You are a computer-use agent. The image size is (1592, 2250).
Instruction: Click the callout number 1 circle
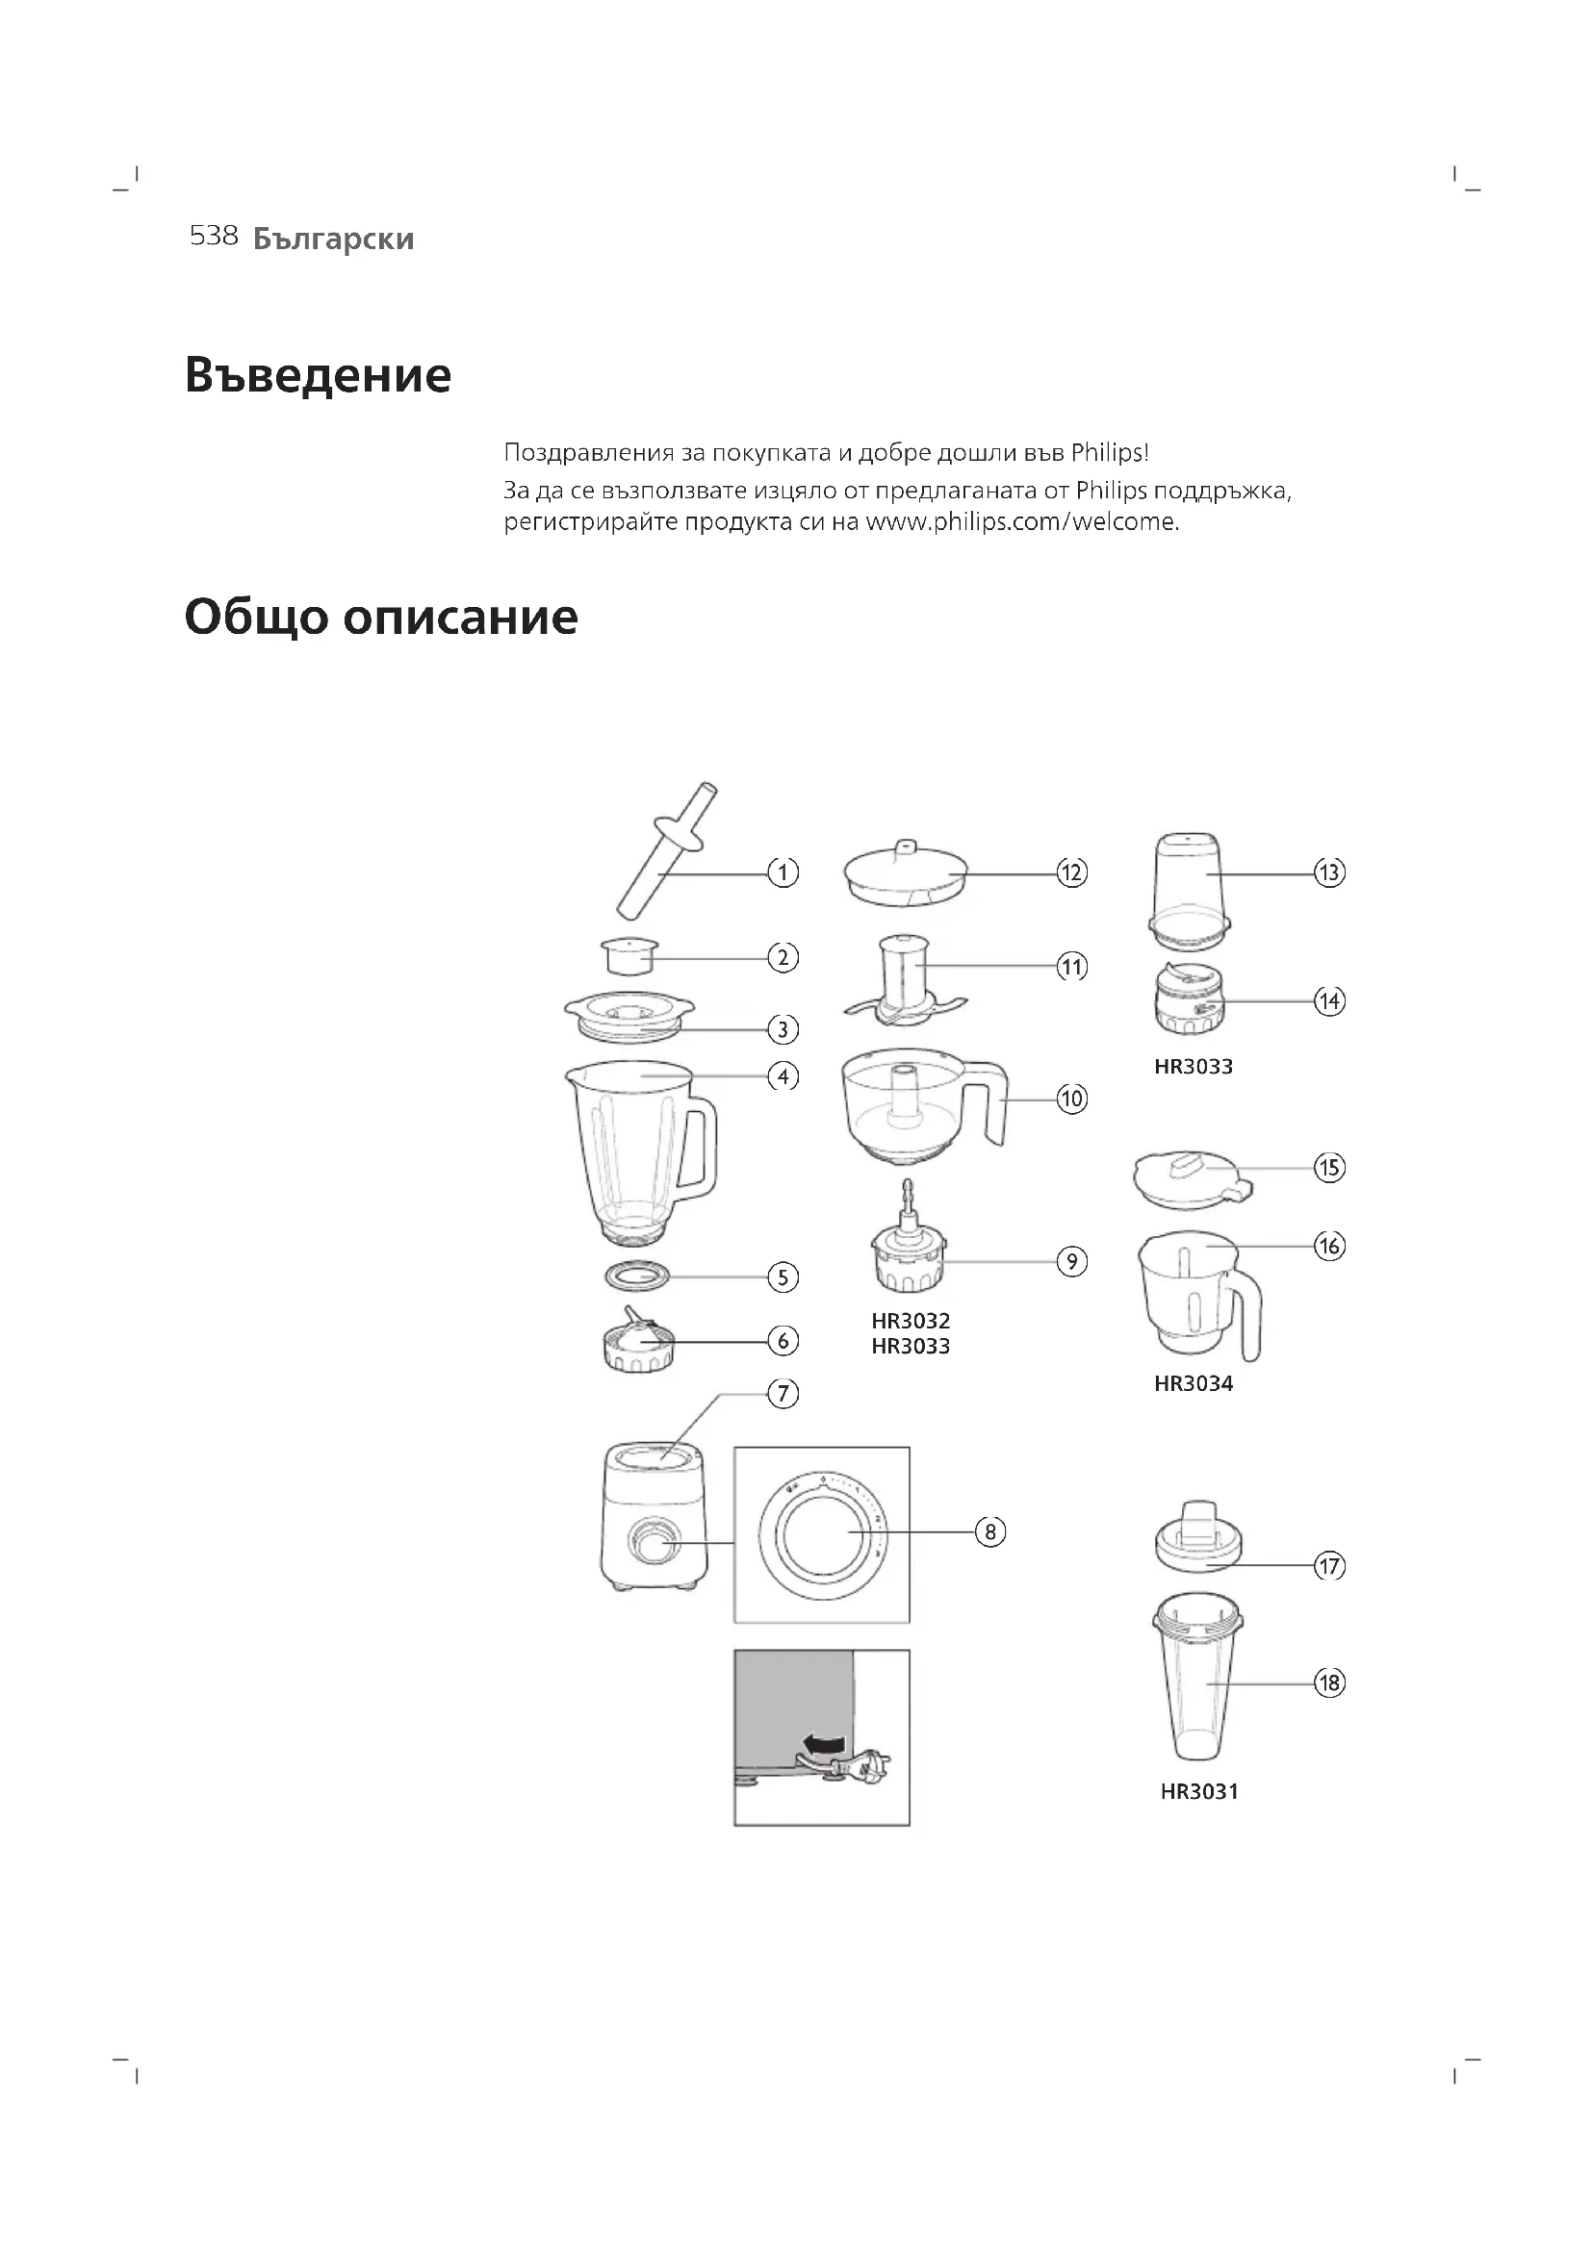pos(783,872)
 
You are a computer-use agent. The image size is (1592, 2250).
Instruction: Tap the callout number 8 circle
pos(990,1531)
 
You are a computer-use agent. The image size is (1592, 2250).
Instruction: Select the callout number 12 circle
pos(1071,872)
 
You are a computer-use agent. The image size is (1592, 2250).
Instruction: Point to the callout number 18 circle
pos(1329,1683)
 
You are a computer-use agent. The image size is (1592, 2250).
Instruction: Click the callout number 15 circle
pos(1329,1167)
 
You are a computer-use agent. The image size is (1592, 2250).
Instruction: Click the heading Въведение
pos(318,375)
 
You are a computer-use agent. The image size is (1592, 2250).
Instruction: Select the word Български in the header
pos(333,240)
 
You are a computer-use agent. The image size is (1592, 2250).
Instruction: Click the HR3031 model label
pos(1199,1791)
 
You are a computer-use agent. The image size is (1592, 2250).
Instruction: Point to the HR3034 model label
pos(1193,1383)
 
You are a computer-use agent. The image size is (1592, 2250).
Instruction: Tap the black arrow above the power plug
pos(824,1743)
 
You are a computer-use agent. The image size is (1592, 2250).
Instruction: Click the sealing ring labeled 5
pos(638,1276)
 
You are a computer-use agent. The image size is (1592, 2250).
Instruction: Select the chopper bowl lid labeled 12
pos(905,875)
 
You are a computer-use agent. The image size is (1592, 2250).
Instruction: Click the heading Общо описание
pos(381,618)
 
